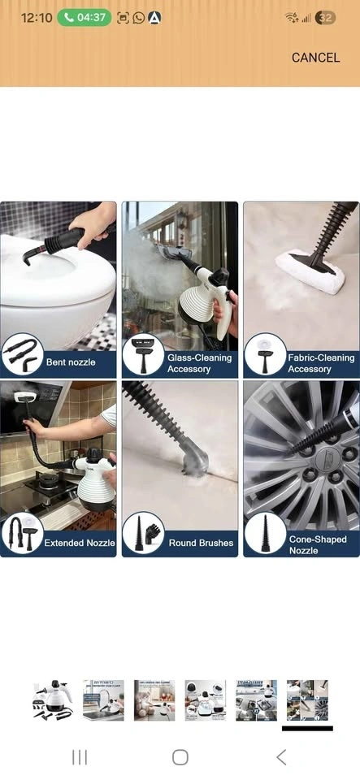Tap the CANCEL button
pos(316,58)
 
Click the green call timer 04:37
pos(85,18)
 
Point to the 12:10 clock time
pos(37,18)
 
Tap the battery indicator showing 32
pos(325,18)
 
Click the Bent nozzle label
pos(71,362)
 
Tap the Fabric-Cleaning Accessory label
pos(321,363)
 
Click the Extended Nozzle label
pos(80,543)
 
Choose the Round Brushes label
pos(201,543)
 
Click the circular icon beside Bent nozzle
pos(23,353)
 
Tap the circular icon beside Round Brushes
pos(143,533)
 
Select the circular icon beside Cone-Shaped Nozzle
pos(265,533)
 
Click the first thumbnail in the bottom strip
pos(53,700)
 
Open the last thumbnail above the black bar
pos(307,700)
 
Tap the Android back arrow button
pos(281,757)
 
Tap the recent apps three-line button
pos(80,757)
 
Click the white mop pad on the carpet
pos(310,271)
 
